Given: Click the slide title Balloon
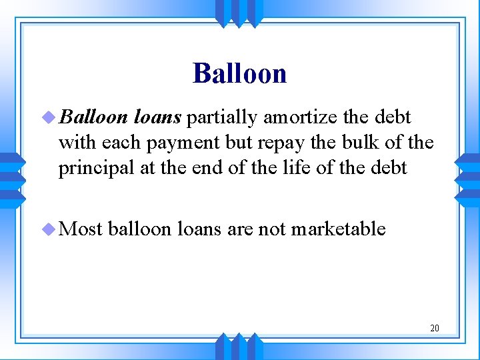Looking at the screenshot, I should [x=239, y=73].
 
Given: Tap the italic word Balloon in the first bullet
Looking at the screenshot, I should [x=93, y=118].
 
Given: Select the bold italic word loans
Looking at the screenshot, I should [x=157, y=118].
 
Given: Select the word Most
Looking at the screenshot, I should [x=81, y=229].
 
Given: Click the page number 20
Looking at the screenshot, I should [x=434, y=328].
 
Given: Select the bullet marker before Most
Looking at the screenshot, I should [x=48, y=229].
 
